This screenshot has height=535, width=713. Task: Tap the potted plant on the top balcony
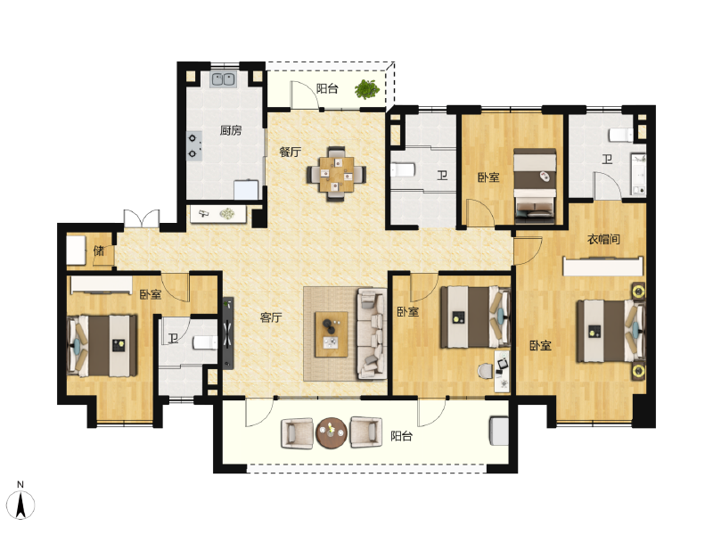365,89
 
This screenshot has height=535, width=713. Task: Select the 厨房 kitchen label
231,130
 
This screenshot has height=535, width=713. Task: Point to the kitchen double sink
223,79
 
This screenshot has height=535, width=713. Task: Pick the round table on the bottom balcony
332,432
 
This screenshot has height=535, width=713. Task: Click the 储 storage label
99,251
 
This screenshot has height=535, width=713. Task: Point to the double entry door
141,219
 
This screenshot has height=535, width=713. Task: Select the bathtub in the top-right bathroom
638,175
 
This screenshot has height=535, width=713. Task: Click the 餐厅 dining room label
290,152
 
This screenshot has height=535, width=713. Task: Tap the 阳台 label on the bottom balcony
402,436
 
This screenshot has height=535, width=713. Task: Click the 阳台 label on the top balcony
327,88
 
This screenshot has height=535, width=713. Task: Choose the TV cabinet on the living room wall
228,333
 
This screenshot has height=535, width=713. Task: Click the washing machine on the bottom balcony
498,432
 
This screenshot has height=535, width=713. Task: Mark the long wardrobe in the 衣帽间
602,267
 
